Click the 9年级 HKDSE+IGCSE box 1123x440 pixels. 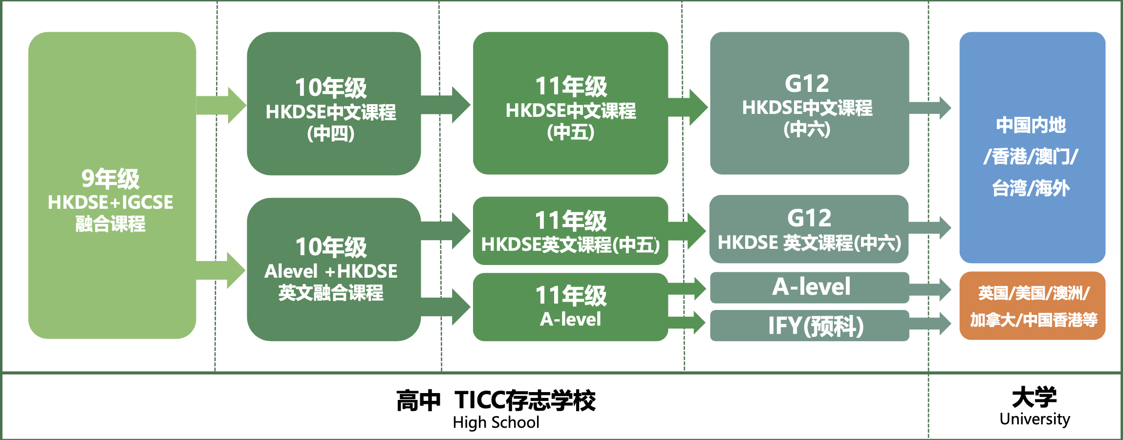(111, 186)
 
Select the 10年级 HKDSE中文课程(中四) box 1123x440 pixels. (333, 104)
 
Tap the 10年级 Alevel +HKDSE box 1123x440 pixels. (333, 269)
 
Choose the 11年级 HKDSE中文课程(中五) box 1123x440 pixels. (570, 104)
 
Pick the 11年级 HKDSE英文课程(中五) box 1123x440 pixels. (570, 231)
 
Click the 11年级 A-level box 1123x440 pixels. (570, 307)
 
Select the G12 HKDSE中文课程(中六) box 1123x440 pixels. (809, 104)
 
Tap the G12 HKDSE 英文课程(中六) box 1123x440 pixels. (809, 229)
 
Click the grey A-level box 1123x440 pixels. (809, 287)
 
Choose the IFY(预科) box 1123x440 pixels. (809, 326)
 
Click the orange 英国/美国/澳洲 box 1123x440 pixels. (1032, 306)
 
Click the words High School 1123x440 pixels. (496, 422)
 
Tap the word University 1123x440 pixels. (1035, 419)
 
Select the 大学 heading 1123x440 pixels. (1034, 397)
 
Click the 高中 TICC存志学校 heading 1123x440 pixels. (496, 401)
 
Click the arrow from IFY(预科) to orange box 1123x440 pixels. (931, 324)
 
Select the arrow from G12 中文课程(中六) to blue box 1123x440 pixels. (931, 108)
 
